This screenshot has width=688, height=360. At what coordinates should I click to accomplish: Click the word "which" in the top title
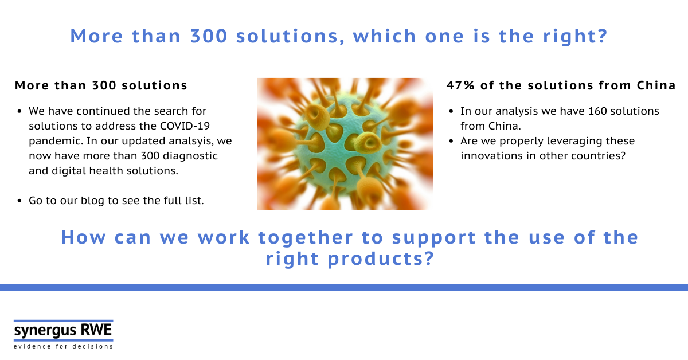click(x=385, y=36)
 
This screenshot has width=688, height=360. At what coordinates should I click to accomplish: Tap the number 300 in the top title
click(x=209, y=36)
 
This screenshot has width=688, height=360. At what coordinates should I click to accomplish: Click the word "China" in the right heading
click(x=656, y=85)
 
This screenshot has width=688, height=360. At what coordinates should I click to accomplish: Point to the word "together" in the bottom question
click(x=305, y=238)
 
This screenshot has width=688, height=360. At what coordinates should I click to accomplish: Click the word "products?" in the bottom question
click(x=381, y=259)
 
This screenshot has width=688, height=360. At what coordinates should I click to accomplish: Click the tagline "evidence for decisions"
click(x=63, y=346)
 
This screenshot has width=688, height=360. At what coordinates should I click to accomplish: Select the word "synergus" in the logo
click(x=45, y=331)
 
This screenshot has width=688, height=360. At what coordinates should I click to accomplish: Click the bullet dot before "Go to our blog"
click(x=19, y=201)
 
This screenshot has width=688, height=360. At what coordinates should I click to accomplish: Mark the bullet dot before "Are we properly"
click(x=451, y=141)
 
